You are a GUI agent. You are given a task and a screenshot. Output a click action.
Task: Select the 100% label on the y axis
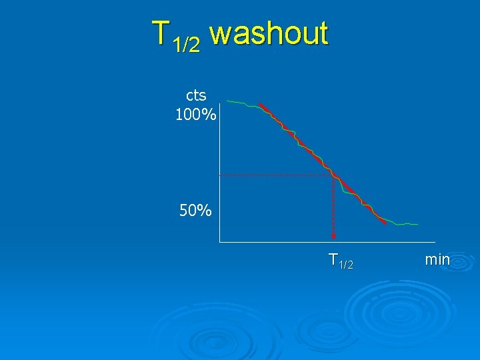point(195,115)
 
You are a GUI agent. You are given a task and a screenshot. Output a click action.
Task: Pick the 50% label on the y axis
point(195,211)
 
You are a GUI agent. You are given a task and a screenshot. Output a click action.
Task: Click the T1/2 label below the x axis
point(341,261)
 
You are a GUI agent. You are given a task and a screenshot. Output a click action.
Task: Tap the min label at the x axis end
point(437,259)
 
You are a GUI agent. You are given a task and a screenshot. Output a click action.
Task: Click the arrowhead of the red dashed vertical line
point(333,236)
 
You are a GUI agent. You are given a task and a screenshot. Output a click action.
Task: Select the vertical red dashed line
point(333,207)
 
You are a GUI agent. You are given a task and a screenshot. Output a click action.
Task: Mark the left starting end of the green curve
point(228,101)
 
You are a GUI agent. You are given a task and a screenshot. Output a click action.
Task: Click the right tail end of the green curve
point(417,224)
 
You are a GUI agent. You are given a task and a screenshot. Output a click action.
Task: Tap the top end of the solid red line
point(261,104)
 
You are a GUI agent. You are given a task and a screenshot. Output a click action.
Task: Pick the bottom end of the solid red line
point(385,222)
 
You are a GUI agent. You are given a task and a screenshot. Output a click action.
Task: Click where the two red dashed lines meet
point(333,175)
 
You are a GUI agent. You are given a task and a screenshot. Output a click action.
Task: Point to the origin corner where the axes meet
point(220,241)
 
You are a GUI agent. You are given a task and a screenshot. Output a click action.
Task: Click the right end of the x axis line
point(435,241)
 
